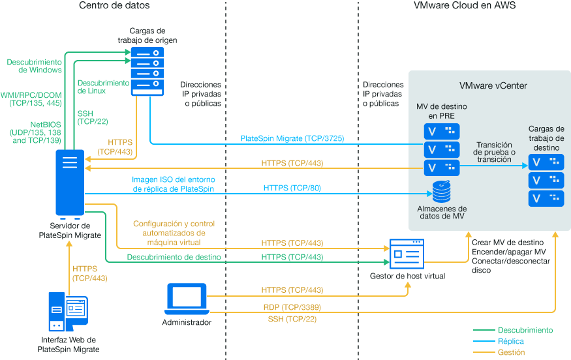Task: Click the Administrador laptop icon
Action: click(x=187, y=297)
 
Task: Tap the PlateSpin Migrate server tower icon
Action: click(x=70, y=184)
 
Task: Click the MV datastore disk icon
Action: click(x=442, y=190)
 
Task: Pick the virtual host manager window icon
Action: click(x=407, y=254)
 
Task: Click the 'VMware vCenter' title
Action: click(x=493, y=85)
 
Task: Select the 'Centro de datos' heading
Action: click(x=114, y=6)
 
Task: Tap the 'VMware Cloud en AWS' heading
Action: click(x=465, y=6)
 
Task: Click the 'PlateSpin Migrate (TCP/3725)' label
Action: click(x=292, y=138)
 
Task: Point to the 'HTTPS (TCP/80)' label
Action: click(x=292, y=188)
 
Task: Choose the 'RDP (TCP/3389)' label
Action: click(x=292, y=307)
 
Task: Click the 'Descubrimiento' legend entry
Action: click(x=525, y=331)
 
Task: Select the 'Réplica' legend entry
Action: click(x=510, y=341)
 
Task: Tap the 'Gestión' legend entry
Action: click(x=511, y=352)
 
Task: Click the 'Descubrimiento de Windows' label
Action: click(x=34, y=66)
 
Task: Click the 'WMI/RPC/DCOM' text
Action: click(x=31, y=95)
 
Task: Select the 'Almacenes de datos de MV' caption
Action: click(x=442, y=213)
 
